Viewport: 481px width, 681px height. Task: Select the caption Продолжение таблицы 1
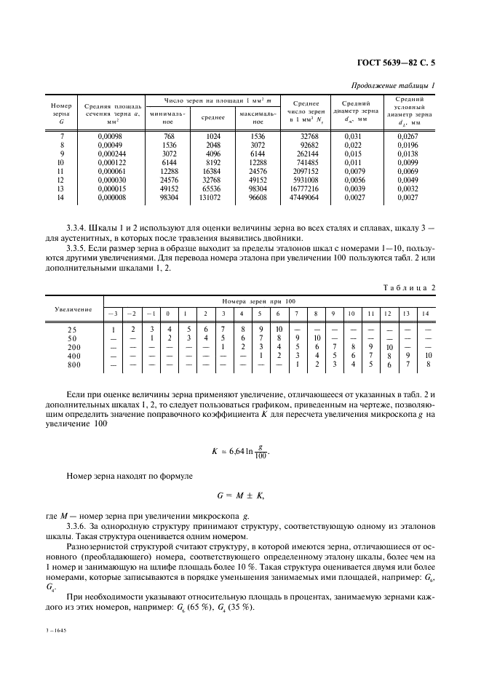click(x=392, y=86)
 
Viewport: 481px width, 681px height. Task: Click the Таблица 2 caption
click(x=409, y=287)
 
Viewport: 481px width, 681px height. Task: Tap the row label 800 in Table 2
click(x=73, y=365)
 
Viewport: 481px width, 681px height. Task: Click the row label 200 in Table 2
click(x=73, y=347)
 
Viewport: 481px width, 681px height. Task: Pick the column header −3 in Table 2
click(x=113, y=314)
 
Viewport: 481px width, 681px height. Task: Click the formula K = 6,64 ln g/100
click(x=240, y=451)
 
